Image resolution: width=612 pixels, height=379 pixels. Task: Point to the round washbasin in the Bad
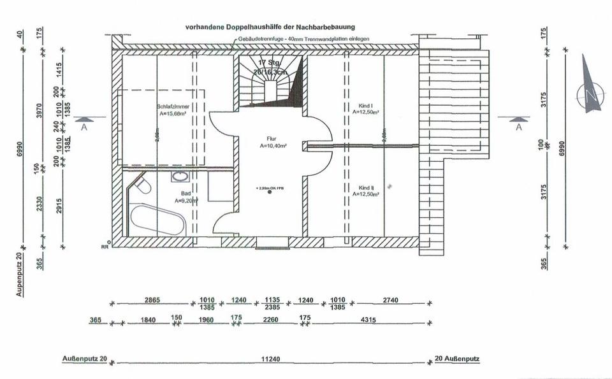click(x=180, y=176)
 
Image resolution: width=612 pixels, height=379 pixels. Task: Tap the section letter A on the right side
click(x=519, y=127)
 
